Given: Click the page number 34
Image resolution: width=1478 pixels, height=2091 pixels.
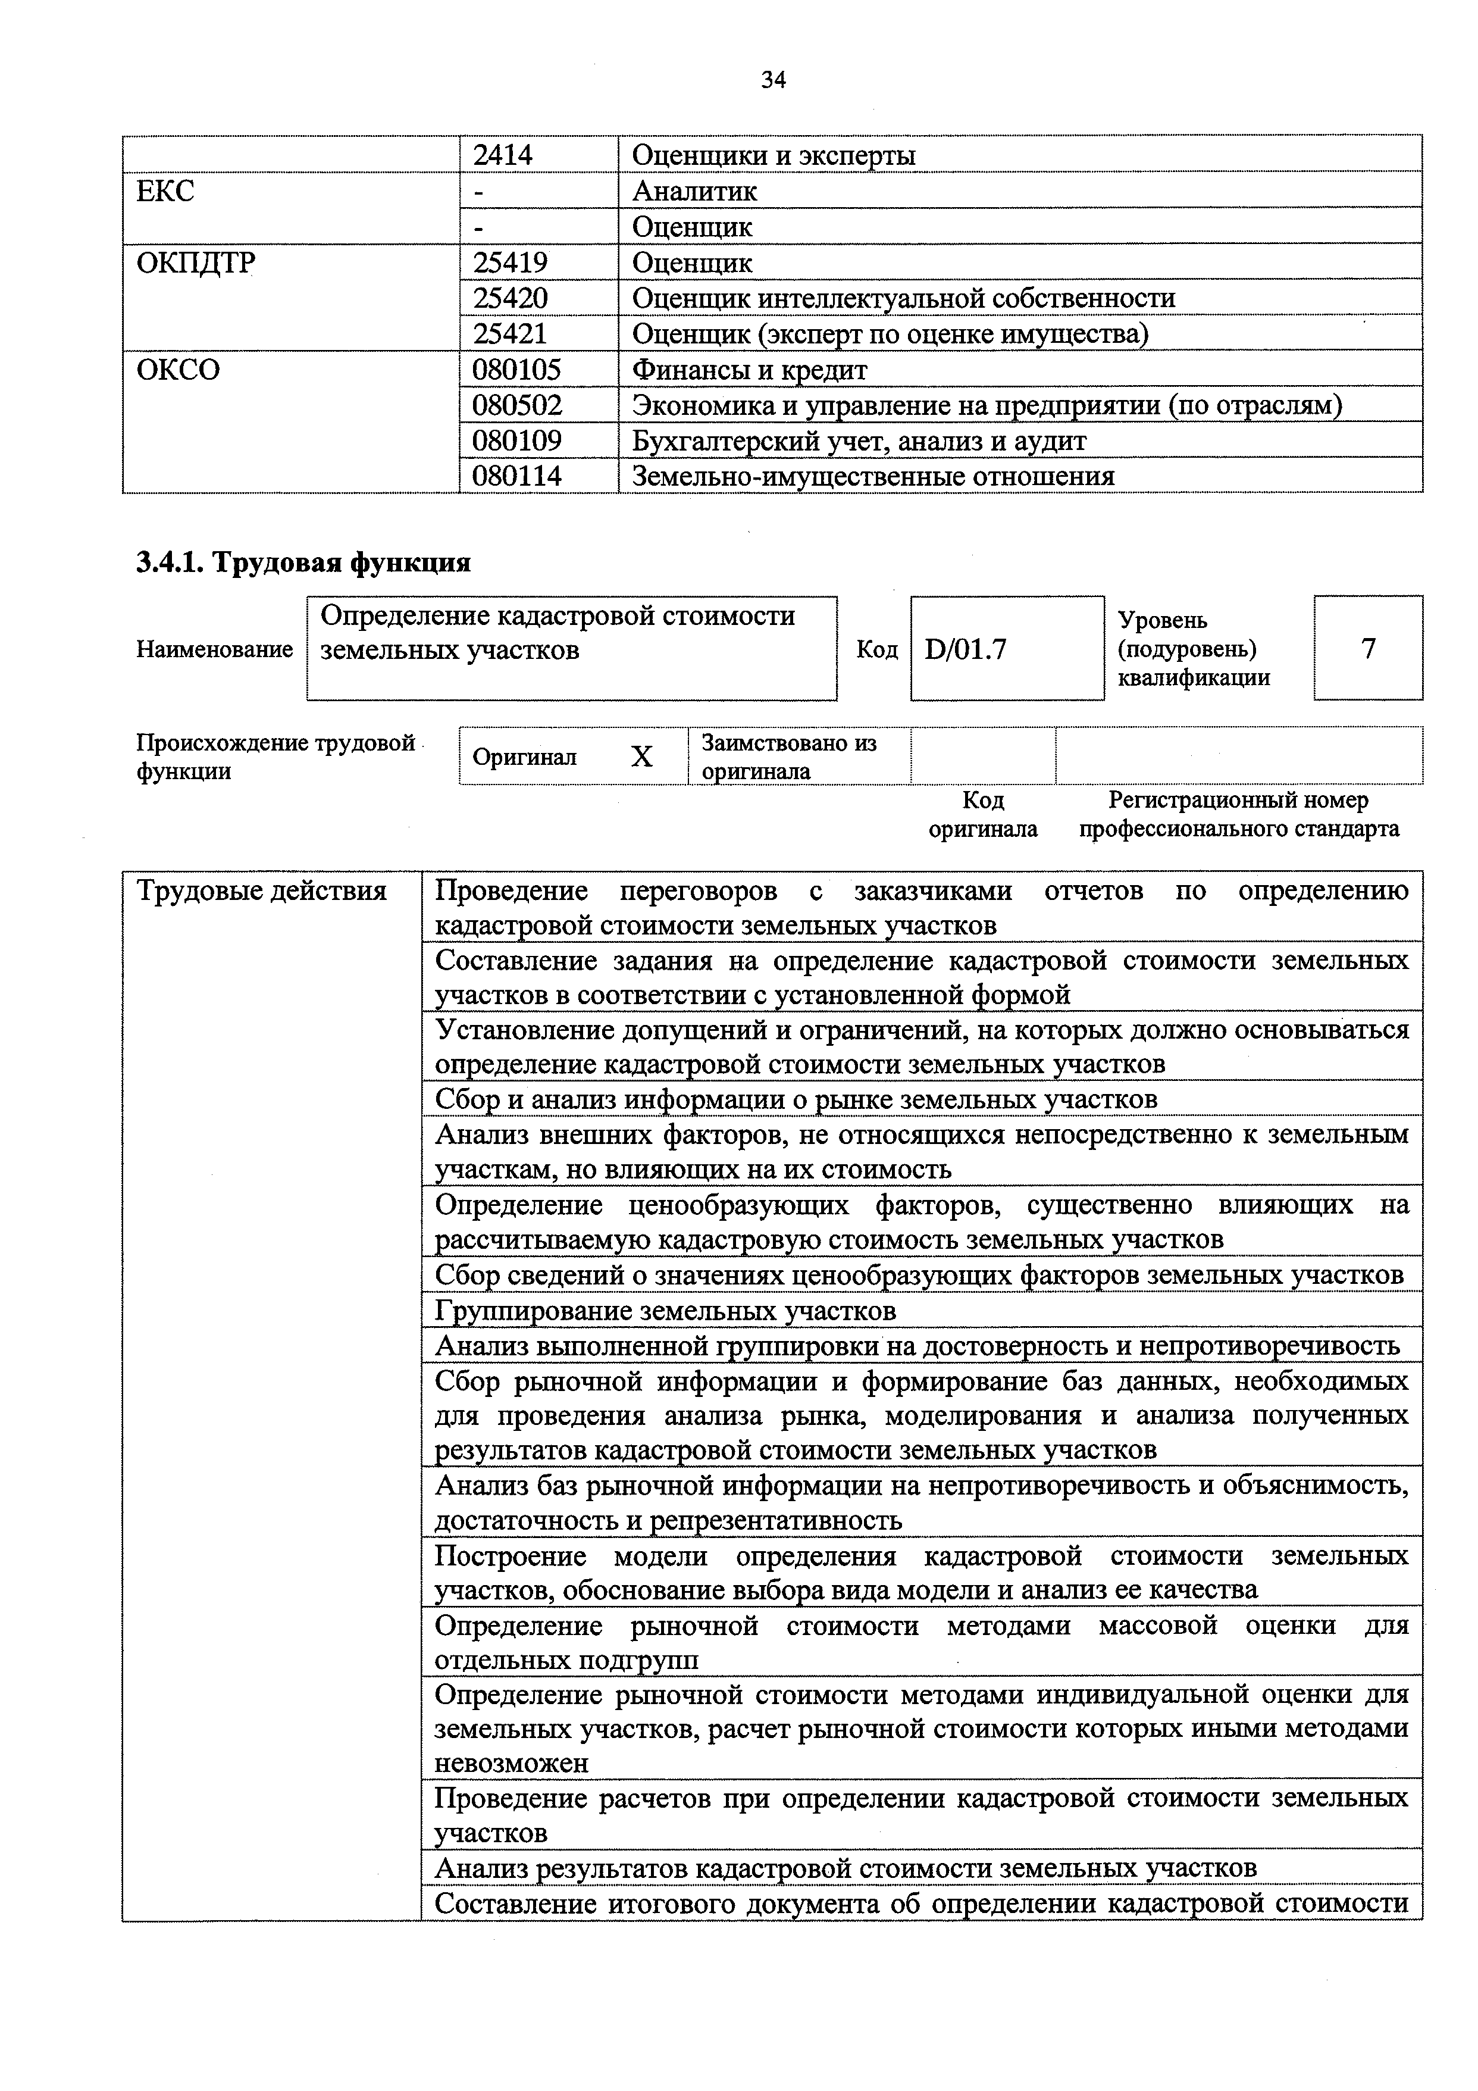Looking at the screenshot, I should click(x=772, y=80).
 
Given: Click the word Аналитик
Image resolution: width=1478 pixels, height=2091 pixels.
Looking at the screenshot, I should click(x=694, y=191).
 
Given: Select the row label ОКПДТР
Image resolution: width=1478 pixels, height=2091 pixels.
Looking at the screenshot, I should click(x=196, y=263).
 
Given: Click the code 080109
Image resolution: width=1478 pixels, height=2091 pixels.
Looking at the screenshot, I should click(x=516, y=442).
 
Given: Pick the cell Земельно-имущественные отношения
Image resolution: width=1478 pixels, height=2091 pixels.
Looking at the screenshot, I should click(x=872, y=476).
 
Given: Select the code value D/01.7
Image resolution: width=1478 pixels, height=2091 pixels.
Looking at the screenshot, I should click(x=965, y=649).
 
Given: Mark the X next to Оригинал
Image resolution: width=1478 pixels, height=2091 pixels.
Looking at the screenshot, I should click(x=642, y=757).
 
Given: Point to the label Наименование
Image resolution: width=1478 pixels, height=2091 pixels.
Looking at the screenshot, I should click(x=214, y=649).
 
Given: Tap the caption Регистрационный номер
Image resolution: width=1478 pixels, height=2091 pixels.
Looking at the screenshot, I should click(x=1238, y=801).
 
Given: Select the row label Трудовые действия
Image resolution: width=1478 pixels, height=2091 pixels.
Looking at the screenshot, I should click(x=261, y=890).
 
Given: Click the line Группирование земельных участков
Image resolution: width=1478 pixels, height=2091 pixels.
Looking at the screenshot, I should click(x=665, y=1311).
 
